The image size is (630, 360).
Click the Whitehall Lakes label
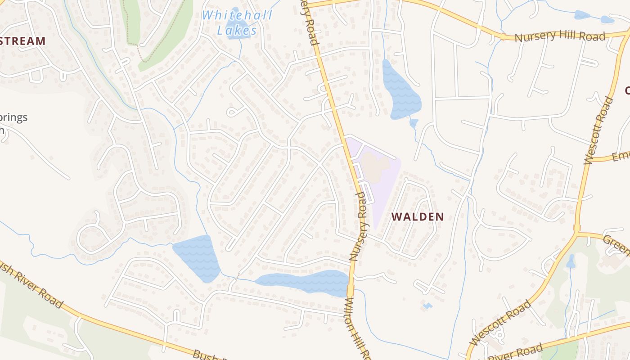(x=237, y=22)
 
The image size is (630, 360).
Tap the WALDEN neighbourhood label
(x=417, y=217)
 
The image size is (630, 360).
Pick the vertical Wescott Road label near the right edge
(x=599, y=130)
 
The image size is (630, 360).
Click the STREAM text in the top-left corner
(x=22, y=41)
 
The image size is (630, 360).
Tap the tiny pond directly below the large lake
(x=414, y=122)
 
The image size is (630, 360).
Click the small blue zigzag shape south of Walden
(x=427, y=306)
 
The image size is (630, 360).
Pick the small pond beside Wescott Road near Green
(x=571, y=261)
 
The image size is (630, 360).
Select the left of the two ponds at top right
(x=582, y=15)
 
